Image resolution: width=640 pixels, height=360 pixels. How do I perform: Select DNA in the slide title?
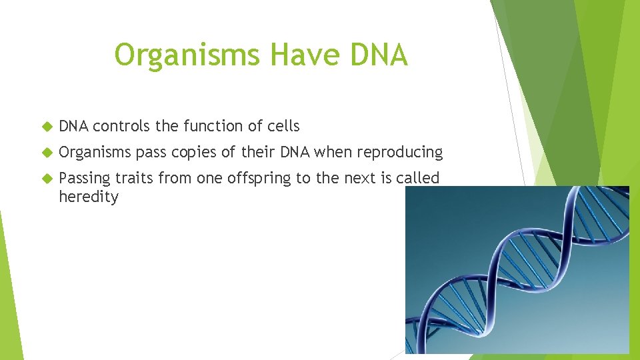click(x=376, y=55)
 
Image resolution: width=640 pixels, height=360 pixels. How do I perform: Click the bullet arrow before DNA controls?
click(x=46, y=126)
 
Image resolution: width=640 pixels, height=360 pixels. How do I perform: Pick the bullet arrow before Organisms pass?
click(x=46, y=153)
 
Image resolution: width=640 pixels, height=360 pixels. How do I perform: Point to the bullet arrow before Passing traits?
click(x=46, y=179)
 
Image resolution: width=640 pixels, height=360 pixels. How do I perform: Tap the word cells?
click(x=283, y=125)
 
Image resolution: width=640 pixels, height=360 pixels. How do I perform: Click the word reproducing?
click(x=399, y=153)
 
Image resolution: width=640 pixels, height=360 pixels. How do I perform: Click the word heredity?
click(x=88, y=197)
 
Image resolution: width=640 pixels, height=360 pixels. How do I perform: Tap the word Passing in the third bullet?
click(x=85, y=179)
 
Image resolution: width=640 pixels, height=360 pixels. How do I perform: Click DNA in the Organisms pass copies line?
click(x=295, y=152)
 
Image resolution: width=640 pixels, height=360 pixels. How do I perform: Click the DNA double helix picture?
click(x=517, y=269)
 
